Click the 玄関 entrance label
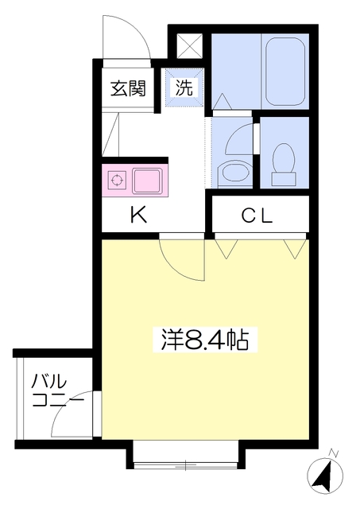[x=128, y=88]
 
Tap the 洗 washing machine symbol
[x=184, y=87]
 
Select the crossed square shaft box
[x=190, y=46]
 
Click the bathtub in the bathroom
[x=285, y=72]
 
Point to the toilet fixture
[x=285, y=165]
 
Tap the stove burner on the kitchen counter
[x=117, y=180]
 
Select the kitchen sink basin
[x=147, y=181]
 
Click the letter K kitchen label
[x=138, y=215]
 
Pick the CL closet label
[x=257, y=215]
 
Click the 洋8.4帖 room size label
[x=205, y=340]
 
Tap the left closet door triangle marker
[x=226, y=249]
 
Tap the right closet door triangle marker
[x=295, y=249]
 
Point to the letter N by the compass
[x=333, y=453]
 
